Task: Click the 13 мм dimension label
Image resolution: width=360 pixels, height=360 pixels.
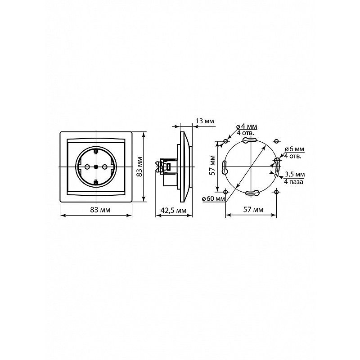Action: tap(205, 121)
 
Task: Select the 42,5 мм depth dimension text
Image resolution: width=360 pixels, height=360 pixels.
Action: tap(174, 210)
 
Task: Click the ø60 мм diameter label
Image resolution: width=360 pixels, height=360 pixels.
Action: tap(213, 198)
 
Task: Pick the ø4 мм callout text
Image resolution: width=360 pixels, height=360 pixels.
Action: tap(246, 126)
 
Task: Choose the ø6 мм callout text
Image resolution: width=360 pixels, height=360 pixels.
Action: tap(295, 149)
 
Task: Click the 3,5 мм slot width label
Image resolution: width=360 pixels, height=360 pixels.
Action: tap(295, 174)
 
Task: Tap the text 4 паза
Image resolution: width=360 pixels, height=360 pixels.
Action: tap(294, 182)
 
